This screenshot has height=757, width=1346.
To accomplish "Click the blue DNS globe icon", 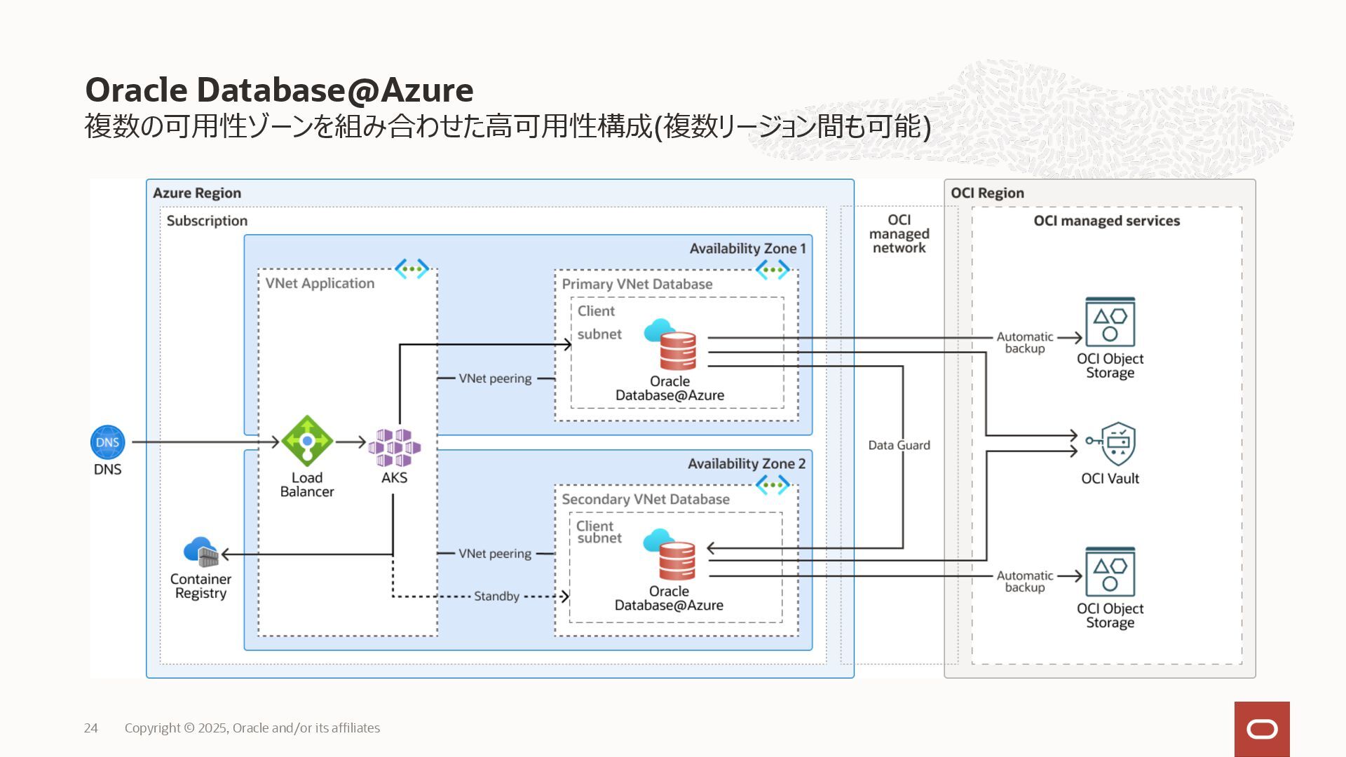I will tap(107, 442).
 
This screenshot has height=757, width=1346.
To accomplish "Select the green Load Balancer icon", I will tap(306, 441).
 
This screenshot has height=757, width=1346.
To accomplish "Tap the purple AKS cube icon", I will tap(394, 447).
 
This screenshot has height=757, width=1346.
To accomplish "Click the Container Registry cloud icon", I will tap(201, 552).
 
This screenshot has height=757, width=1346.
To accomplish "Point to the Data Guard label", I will tap(899, 445).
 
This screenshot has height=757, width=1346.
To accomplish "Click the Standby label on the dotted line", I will tap(496, 596).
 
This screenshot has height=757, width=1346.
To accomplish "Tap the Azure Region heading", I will tap(197, 193).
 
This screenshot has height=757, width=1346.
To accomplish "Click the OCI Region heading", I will tap(987, 193).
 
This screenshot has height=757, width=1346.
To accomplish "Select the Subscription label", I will tap(207, 221).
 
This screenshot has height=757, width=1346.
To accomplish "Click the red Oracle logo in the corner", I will tap(1262, 729).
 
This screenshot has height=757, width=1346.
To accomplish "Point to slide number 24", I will tap(91, 728).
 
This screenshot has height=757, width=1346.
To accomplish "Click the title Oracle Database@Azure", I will tap(279, 90).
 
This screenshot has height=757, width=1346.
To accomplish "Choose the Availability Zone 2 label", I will tap(746, 464).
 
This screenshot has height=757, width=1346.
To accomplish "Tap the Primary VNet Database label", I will tap(637, 284).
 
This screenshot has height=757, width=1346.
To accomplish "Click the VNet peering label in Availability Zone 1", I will tap(495, 378).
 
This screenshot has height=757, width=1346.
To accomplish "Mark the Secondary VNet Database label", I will tap(645, 499).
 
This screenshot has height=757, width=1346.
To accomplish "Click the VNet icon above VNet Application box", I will tap(412, 268).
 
